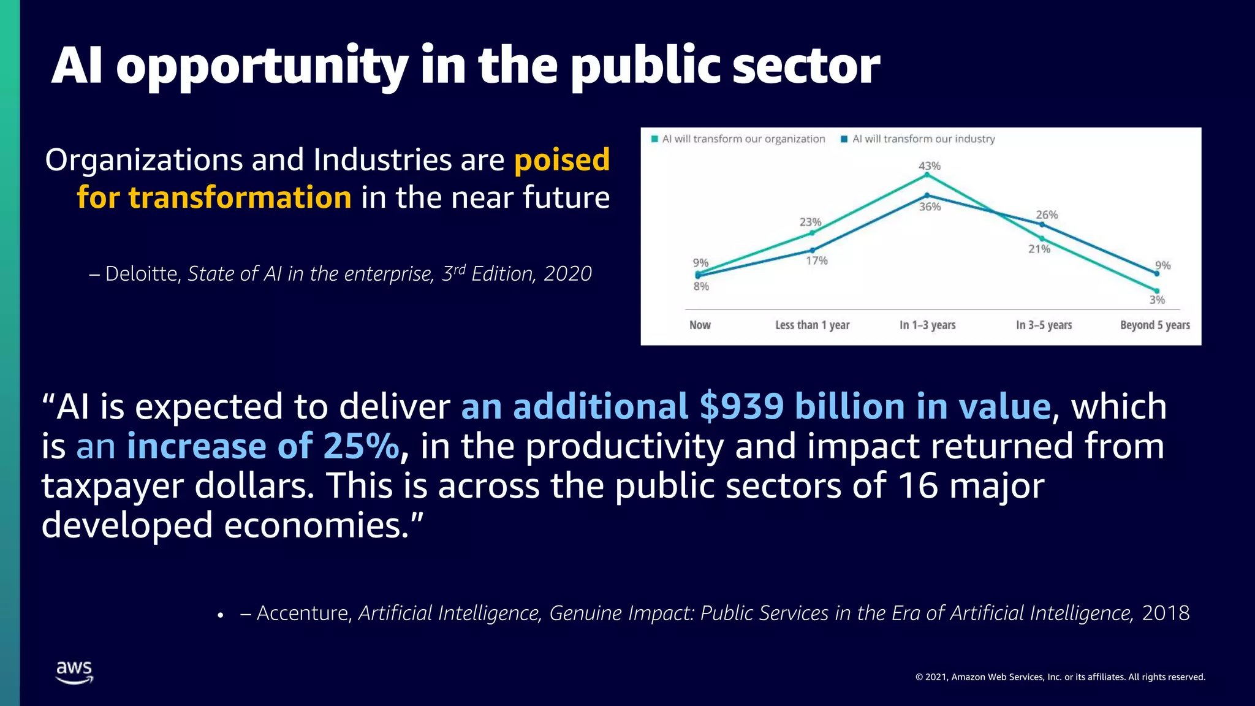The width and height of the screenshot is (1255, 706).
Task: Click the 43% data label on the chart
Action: tap(929, 166)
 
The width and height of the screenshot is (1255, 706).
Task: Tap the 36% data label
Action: tap(930, 207)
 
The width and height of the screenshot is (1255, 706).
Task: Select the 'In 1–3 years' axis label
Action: tap(927, 325)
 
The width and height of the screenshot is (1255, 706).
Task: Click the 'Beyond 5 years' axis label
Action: tap(1155, 325)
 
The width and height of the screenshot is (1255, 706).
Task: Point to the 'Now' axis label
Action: tap(700, 325)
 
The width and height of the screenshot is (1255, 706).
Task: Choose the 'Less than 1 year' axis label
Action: tap(812, 325)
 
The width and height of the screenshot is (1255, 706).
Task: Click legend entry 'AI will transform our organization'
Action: tap(743, 139)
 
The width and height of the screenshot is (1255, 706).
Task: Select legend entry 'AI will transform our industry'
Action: tap(923, 139)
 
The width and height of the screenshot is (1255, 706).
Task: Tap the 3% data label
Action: tap(1156, 300)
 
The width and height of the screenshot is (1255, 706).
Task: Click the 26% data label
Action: tap(1047, 215)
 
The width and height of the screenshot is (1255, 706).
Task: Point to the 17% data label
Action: tap(816, 260)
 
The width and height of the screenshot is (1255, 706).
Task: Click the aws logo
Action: tap(74, 672)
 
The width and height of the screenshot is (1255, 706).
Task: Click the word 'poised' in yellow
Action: tap(562, 160)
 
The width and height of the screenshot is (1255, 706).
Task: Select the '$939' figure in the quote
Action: tap(741, 407)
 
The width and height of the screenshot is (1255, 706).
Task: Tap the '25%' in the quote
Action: tap(361, 446)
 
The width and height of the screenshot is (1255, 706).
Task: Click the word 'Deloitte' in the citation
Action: tap(142, 274)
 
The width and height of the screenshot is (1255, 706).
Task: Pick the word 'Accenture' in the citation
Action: tap(303, 613)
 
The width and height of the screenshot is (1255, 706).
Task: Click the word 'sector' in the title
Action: tap(806, 66)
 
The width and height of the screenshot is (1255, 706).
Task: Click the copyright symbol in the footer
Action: tap(919, 677)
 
